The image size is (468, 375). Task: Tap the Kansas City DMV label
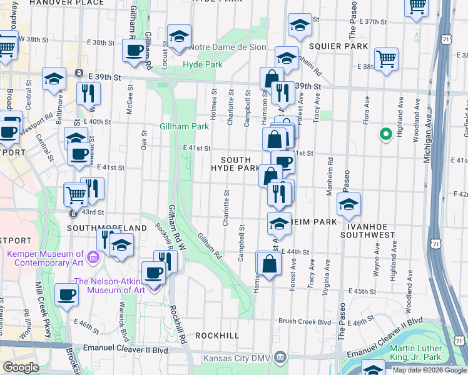tap(238, 359)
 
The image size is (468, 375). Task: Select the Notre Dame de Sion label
tap(227, 47)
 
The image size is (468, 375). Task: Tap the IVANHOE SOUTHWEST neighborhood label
tap(368, 235)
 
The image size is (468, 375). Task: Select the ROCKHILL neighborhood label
tap(217, 336)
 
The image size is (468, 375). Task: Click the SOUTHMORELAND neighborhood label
tap(109, 228)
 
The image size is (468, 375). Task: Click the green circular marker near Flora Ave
tap(386, 133)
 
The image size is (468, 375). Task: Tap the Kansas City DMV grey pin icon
tap(281, 359)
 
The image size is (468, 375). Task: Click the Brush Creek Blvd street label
tap(305, 321)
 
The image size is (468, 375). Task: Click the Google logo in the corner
tap(21, 367)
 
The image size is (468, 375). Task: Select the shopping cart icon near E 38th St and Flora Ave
tap(387, 59)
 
